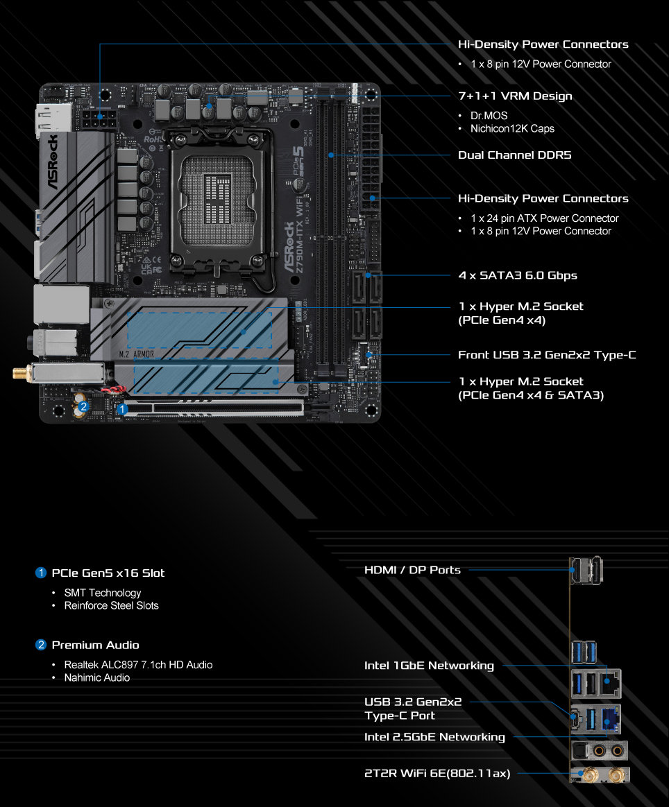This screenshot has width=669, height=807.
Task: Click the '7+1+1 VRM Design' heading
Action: (x=515, y=96)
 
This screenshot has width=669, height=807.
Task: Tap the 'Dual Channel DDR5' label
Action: (x=514, y=155)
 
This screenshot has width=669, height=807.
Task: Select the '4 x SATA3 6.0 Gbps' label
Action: (x=518, y=275)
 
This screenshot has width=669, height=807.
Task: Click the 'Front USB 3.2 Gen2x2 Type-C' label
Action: (x=547, y=354)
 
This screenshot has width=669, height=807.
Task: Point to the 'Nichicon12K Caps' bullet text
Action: (x=512, y=129)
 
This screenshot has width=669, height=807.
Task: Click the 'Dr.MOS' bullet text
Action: (x=489, y=116)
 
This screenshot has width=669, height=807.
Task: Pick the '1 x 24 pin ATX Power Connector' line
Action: (x=544, y=218)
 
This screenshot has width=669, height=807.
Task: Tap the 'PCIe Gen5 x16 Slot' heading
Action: (x=108, y=573)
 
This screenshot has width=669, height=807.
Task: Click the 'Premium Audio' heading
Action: (x=95, y=645)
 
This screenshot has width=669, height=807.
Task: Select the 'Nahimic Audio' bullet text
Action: (x=97, y=678)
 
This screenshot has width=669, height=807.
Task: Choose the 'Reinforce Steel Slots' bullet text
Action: (x=111, y=606)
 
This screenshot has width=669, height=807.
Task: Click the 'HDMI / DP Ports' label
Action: (x=412, y=570)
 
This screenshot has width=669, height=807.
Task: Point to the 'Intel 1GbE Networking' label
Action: (x=429, y=666)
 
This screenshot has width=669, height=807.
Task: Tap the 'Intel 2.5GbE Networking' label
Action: (x=434, y=737)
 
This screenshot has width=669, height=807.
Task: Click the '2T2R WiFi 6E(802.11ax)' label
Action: (x=437, y=773)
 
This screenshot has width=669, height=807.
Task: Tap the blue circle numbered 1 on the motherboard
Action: (x=122, y=409)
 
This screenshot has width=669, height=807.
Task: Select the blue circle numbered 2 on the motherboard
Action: (x=83, y=406)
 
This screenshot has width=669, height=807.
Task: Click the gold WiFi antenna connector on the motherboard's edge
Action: (x=22, y=373)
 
